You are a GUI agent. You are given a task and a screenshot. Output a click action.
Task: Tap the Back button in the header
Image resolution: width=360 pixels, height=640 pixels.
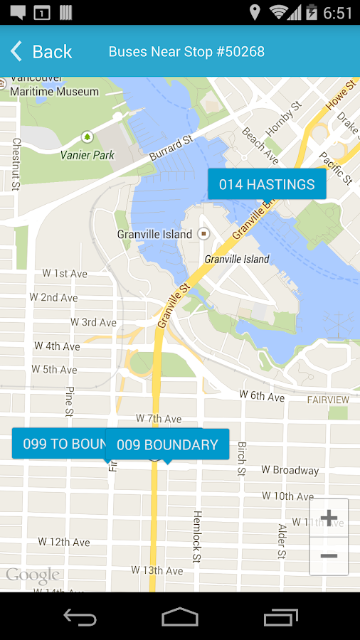41,51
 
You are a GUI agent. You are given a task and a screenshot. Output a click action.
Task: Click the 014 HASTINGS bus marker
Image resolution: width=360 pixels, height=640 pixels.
267,184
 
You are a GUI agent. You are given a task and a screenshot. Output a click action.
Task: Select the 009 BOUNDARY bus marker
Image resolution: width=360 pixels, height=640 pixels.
167,444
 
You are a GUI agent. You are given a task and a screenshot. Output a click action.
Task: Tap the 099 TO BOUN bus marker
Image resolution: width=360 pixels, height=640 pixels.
60,444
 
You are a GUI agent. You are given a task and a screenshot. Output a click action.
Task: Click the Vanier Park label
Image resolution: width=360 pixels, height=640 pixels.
87,154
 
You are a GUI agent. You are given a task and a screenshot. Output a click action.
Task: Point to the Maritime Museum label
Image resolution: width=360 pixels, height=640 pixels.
54,91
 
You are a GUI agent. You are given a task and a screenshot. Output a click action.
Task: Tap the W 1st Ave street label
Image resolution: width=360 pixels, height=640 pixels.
65,274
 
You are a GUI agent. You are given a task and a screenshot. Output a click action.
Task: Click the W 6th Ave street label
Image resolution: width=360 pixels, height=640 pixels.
262,395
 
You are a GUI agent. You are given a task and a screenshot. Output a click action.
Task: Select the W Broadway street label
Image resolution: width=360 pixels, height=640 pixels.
290,470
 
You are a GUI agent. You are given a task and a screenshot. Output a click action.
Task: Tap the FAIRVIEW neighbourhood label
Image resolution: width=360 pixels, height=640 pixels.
328,400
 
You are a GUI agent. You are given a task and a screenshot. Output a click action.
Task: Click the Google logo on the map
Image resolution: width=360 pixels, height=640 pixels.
33,575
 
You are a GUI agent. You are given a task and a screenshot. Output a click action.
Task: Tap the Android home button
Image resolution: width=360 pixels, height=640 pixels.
180,617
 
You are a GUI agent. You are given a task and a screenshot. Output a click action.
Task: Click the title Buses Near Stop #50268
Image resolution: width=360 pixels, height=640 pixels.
186,52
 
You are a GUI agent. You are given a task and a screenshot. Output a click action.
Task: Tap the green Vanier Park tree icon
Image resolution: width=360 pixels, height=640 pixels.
87,136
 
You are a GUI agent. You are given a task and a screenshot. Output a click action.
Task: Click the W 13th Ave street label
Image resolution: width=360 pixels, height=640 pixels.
157,570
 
